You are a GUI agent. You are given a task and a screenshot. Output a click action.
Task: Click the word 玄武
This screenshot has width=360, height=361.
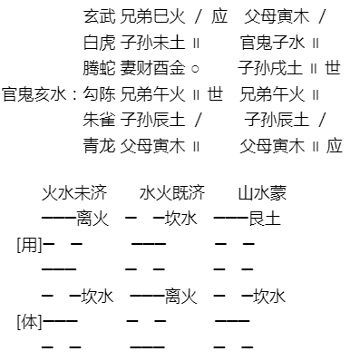pyautogui.click(x=99, y=16)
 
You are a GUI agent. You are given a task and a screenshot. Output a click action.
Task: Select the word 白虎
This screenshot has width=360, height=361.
pyautogui.click(x=99, y=43)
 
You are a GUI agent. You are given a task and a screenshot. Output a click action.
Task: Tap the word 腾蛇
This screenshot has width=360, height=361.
pyautogui.click(x=99, y=68)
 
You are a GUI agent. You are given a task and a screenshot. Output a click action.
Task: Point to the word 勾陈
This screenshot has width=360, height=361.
pyautogui.click(x=99, y=94)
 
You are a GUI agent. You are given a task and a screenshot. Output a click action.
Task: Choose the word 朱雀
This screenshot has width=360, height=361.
pyautogui.click(x=99, y=120)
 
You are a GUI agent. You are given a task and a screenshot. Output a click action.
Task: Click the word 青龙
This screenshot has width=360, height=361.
pyautogui.click(x=99, y=146)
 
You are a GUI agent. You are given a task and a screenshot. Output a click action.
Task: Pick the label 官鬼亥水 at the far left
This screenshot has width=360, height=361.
pyautogui.click(x=34, y=94)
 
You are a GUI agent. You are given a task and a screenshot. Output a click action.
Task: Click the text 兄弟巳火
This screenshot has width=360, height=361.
pyautogui.click(x=152, y=16)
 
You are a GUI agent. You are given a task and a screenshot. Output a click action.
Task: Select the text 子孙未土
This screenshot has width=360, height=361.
pyautogui.click(x=152, y=43)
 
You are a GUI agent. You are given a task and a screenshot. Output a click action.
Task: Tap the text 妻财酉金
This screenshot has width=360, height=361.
pyautogui.click(x=152, y=68)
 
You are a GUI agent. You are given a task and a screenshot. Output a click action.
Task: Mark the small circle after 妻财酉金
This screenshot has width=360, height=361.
pyautogui.click(x=196, y=69)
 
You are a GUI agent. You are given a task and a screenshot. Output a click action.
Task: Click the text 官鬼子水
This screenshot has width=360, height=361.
pyautogui.click(x=272, y=43)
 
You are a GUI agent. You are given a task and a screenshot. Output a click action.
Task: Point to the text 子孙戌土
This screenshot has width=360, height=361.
pyautogui.click(x=270, y=68)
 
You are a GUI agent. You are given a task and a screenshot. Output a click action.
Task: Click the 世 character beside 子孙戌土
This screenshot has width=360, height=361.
pyautogui.click(x=333, y=68)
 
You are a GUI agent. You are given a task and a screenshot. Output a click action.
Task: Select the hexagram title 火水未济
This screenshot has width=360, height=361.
pyautogui.click(x=74, y=192)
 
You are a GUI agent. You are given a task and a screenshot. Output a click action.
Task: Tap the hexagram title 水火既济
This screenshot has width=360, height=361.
pyautogui.click(x=172, y=192)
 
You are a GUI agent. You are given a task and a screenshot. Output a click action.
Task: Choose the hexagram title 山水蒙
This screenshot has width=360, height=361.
pyautogui.click(x=262, y=192)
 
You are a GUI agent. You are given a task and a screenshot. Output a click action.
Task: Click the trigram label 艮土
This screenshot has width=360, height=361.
pyautogui.click(x=265, y=219)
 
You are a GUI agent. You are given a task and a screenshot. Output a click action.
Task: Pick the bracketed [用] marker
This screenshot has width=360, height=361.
pyautogui.click(x=29, y=245)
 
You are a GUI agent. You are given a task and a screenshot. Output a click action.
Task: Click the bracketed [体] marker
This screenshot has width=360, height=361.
pyautogui.click(x=29, y=322)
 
